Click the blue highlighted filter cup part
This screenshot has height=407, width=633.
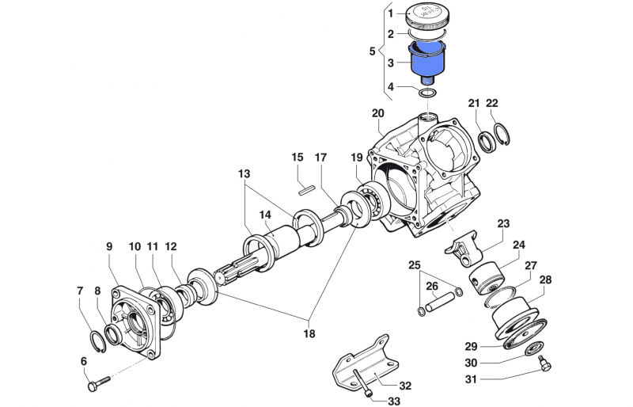[427, 62]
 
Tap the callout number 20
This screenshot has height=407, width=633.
[377, 112]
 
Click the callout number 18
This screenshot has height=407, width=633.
[309, 333]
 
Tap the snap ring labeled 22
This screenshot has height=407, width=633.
[502, 133]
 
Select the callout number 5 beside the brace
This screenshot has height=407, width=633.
[373, 51]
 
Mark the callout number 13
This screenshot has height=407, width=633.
[244, 173]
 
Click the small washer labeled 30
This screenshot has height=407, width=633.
[529, 349]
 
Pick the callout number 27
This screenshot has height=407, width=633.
[531, 265]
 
